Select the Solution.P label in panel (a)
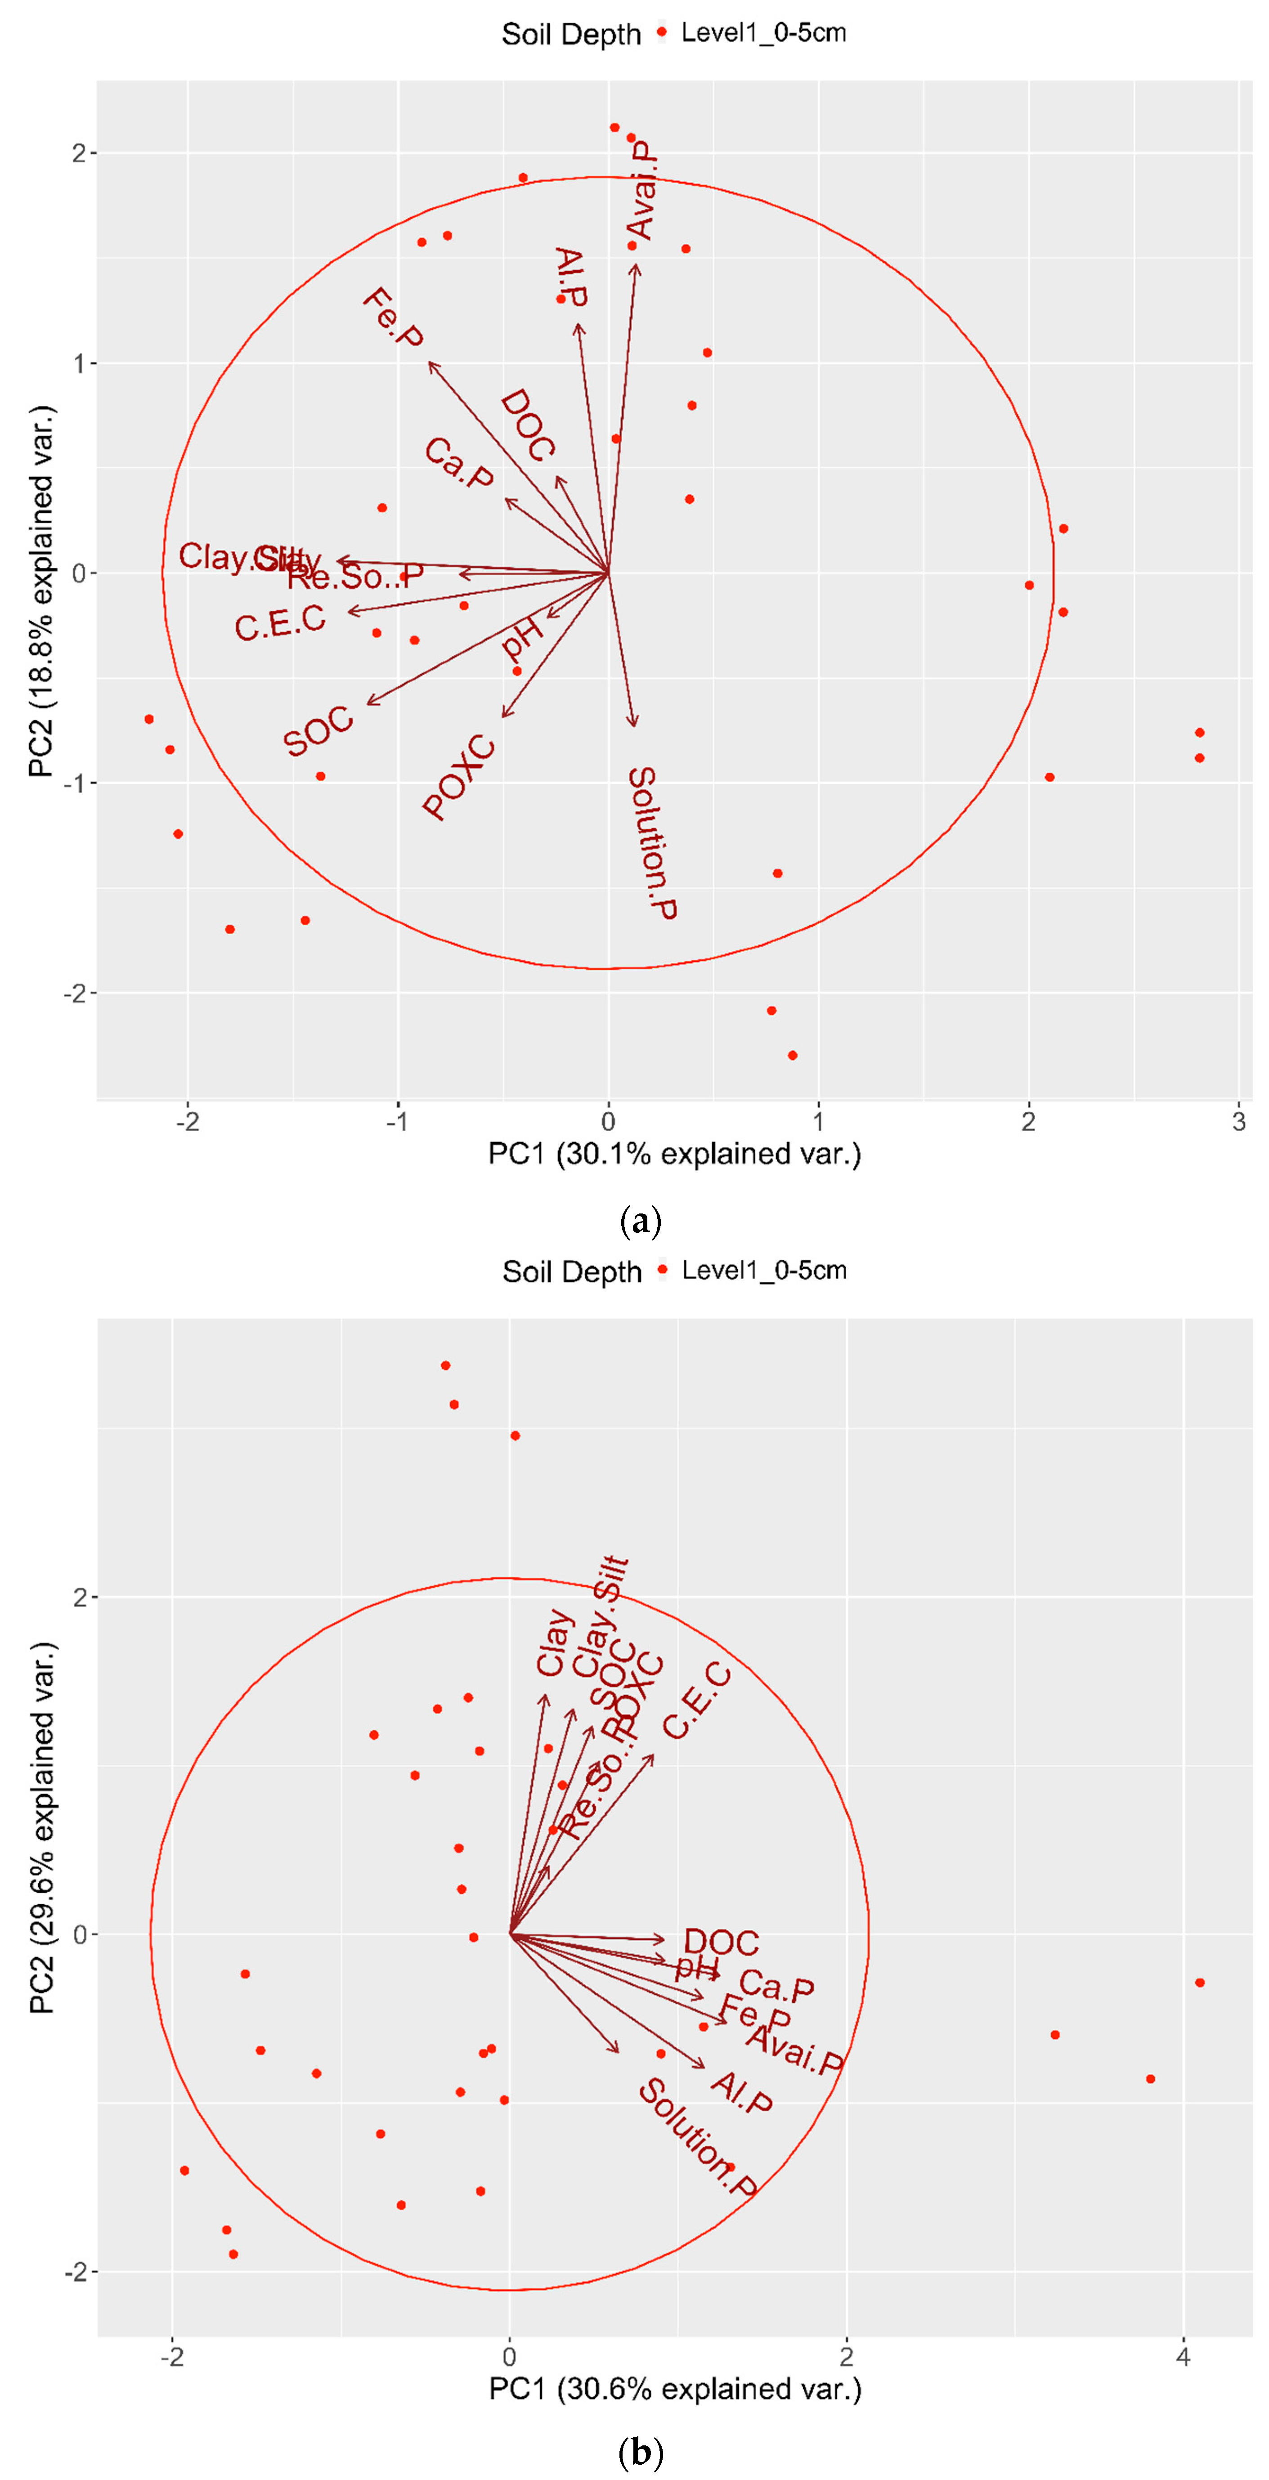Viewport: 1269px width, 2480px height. (653, 842)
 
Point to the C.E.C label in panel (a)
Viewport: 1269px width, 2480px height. (280, 623)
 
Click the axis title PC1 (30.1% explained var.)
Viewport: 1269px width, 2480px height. (674, 1153)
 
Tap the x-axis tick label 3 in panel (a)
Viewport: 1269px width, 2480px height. (1238, 1122)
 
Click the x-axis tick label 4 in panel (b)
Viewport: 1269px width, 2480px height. (1184, 2356)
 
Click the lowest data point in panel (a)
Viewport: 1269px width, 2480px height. (793, 1055)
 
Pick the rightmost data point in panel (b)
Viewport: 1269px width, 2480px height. (1200, 1982)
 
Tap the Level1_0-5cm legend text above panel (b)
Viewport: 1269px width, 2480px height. (764, 1270)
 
